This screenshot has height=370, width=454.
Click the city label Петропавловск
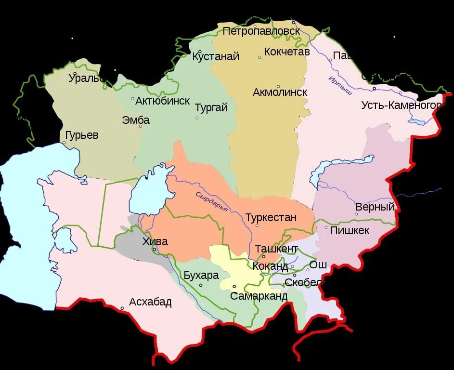pyautogui.click(x=261, y=31)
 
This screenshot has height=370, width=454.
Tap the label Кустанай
pyautogui.click(x=216, y=57)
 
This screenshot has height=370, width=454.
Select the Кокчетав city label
pyautogui.click(x=286, y=52)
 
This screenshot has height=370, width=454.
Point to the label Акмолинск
pyautogui.click(x=280, y=92)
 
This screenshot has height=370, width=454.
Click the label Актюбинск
pyautogui.click(x=162, y=101)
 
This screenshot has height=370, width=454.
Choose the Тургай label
pyautogui.click(x=211, y=108)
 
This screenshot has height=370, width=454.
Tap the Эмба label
pyautogui.click(x=136, y=120)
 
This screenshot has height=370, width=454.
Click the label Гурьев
pyautogui.click(x=81, y=135)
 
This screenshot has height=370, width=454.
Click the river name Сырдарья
pyautogui.click(x=211, y=201)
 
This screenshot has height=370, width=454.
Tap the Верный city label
pyautogui.click(x=375, y=207)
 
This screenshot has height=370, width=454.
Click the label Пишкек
pyautogui.click(x=350, y=230)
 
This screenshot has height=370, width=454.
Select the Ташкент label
pyautogui.click(x=276, y=249)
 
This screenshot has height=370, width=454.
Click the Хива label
pyautogui.click(x=155, y=241)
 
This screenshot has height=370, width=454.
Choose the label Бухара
pyautogui.click(x=201, y=276)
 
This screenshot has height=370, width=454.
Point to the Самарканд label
pyautogui.click(x=259, y=296)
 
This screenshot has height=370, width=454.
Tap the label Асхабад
pyautogui.click(x=150, y=303)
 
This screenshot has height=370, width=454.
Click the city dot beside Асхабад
pyautogui.click(x=122, y=308)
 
